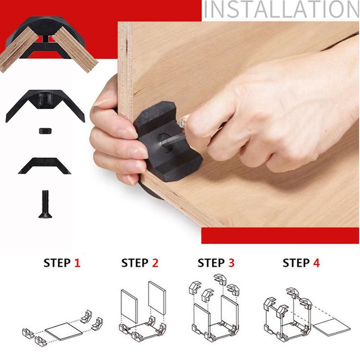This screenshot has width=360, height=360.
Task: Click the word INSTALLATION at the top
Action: (x=281, y=10)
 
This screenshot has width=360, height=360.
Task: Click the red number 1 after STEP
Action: (x=77, y=263)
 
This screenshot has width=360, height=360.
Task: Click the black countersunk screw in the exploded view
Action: (x=44, y=204)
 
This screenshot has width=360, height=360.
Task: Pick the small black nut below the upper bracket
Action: (x=44, y=130)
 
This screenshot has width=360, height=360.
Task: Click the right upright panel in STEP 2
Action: (x=157, y=298)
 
